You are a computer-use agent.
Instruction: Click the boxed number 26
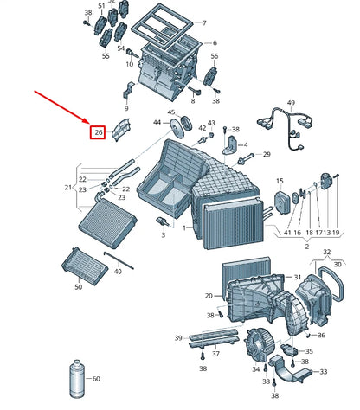99,132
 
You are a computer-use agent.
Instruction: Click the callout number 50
78,286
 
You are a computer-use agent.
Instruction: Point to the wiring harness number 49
291,103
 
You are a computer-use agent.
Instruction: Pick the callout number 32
326,252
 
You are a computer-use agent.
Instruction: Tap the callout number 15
280,181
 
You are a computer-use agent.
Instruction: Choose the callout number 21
68,187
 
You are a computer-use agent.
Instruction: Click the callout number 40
117,272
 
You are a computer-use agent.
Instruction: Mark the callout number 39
177,337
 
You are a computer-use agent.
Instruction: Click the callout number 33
322,372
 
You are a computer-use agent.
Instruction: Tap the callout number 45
171,113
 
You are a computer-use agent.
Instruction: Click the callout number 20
209,296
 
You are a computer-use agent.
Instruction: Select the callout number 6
214,43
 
